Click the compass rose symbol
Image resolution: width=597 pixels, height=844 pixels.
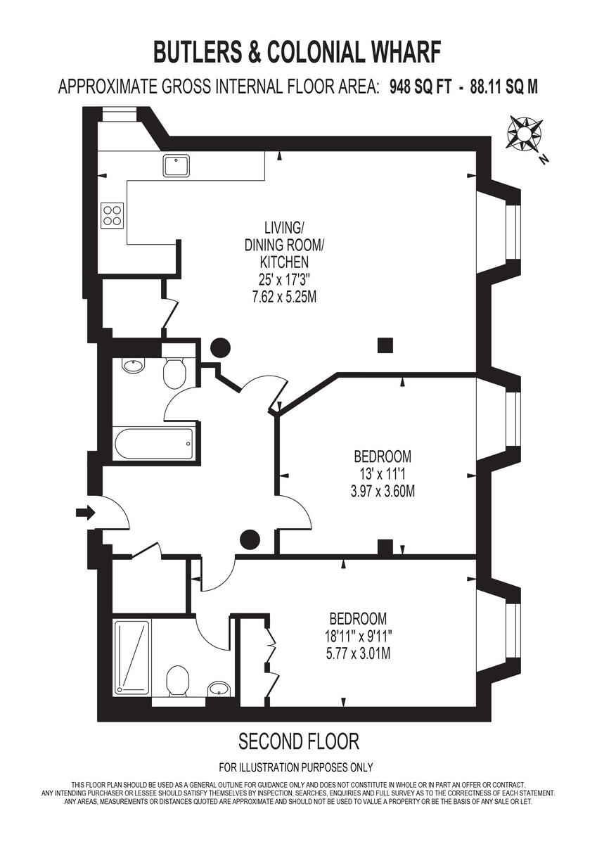pos(523,133)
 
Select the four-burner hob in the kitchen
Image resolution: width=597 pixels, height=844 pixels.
pos(113,213)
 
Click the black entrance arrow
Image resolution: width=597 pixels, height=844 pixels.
pos(84,513)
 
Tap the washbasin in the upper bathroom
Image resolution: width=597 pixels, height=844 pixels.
pos(132,365)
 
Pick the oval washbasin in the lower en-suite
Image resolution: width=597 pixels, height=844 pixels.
pos(219,687)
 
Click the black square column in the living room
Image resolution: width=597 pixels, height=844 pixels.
pos(384,345)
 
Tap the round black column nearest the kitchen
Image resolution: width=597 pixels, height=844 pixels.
pos(221,346)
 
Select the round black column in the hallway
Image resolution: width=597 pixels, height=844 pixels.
pos(250,539)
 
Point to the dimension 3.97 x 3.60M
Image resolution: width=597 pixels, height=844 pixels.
pos(382,490)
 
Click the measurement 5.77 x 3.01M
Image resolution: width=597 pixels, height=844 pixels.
pos(358,653)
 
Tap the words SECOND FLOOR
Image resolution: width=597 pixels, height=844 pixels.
pos(299,741)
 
